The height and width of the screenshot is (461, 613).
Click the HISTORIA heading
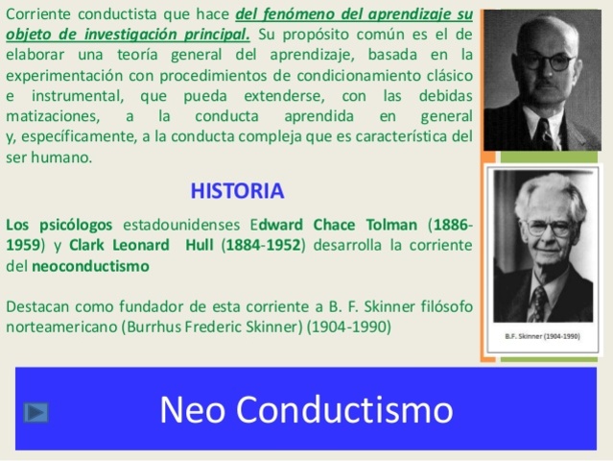click(x=237, y=189)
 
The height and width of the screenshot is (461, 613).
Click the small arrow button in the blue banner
click(x=36, y=413)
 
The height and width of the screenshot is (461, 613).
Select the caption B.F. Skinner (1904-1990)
click(x=543, y=336)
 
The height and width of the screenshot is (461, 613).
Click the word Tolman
click(x=393, y=225)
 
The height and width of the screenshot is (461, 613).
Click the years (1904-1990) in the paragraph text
click(x=349, y=327)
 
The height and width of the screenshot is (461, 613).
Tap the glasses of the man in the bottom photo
click(x=548, y=229)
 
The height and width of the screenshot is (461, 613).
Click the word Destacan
click(x=36, y=307)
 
